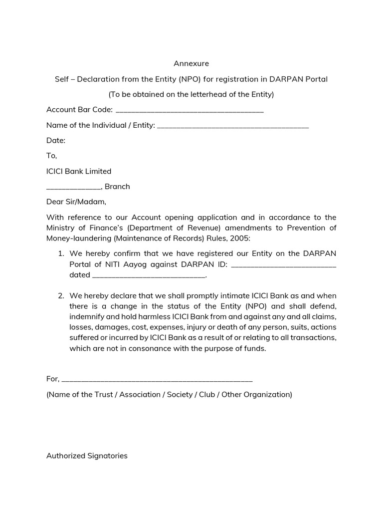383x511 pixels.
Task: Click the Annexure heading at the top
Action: tap(191, 63)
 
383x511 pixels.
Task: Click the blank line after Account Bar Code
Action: tap(189, 111)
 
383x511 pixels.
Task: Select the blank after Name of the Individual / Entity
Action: tap(233, 126)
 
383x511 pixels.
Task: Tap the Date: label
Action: tap(56, 141)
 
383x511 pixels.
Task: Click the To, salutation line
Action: tap(52, 156)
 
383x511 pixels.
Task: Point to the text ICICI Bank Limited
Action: tap(79, 171)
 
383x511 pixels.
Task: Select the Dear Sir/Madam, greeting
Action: tap(76, 202)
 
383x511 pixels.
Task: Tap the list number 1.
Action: tap(61, 254)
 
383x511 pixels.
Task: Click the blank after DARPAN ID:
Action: tap(284, 265)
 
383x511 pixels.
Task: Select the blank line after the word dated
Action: tap(149, 276)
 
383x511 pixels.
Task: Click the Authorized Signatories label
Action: tap(87, 456)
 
